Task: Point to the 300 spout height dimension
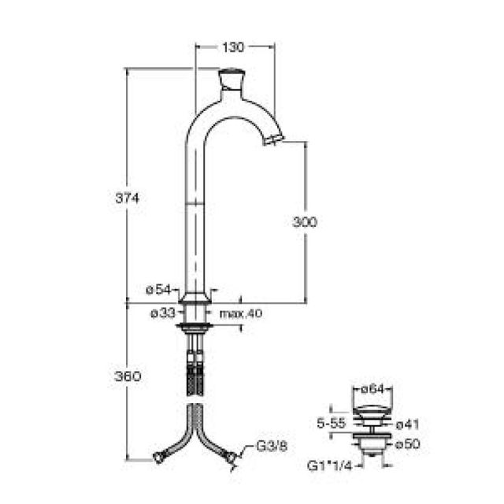coord(304,223)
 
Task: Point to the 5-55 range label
coord(329,421)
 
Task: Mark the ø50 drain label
coord(406,445)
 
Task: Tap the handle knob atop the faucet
coord(231,79)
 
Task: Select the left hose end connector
coord(160,456)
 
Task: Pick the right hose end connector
coord(230,456)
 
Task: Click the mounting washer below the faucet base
coord(195,324)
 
